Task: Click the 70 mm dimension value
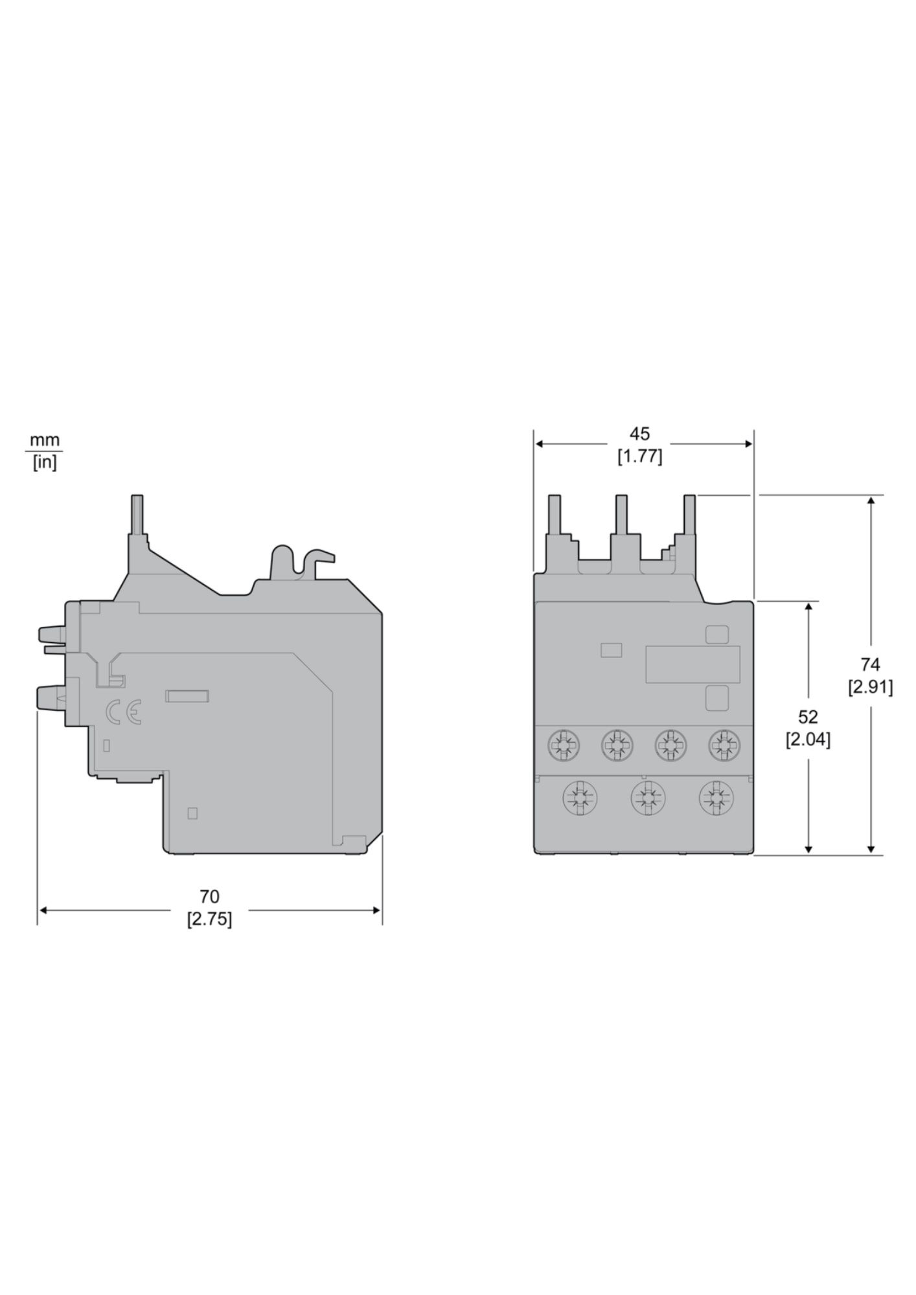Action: pos(209,897)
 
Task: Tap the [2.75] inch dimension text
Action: pos(209,919)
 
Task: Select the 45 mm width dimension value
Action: pos(639,434)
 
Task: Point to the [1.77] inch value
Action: pos(639,456)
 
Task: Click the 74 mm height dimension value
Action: pos(871,664)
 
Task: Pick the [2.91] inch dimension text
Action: pos(871,687)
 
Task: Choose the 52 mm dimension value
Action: pos(808,717)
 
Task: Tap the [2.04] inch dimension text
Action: pos(808,739)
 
